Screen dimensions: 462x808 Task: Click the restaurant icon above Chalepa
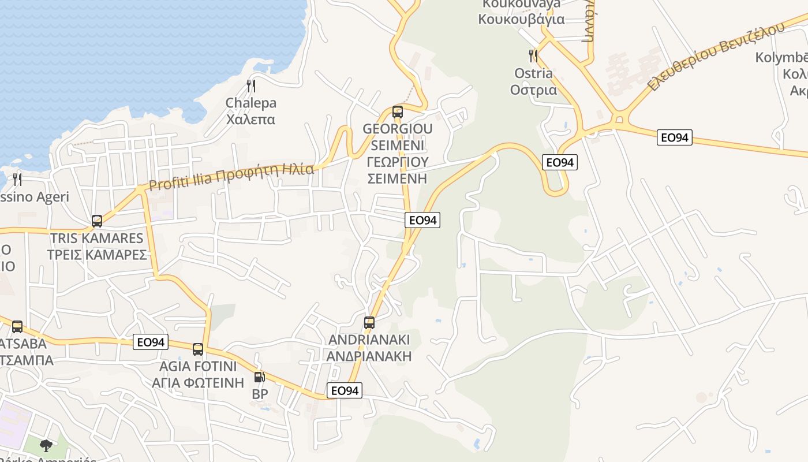coord(250,86)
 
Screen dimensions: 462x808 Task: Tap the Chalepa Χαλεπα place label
coord(250,111)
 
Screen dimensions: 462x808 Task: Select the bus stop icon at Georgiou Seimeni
coord(397,111)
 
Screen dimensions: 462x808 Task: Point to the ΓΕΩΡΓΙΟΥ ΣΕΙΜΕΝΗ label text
coord(397,170)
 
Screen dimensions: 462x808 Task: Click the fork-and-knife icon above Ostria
coord(533,56)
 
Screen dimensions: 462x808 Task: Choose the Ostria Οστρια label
coord(533,81)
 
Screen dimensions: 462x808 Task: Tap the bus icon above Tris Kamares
coord(97,221)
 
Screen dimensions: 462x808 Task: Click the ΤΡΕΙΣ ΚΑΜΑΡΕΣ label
coord(96,254)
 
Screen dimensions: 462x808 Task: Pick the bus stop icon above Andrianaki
coord(369,322)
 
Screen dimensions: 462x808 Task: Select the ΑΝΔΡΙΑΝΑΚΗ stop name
coord(369,356)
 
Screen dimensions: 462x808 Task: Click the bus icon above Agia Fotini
coord(198,349)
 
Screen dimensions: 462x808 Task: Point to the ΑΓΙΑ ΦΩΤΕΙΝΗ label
coord(198,382)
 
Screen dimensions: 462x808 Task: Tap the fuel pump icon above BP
coord(260,377)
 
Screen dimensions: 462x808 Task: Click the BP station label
coord(260,394)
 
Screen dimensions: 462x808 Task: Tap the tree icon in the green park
coord(46,445)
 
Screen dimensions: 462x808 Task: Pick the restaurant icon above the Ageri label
coord(17,180)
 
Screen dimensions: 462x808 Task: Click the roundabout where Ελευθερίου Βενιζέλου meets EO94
coord(620,120)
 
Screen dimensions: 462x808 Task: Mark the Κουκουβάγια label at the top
coord(521,19)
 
